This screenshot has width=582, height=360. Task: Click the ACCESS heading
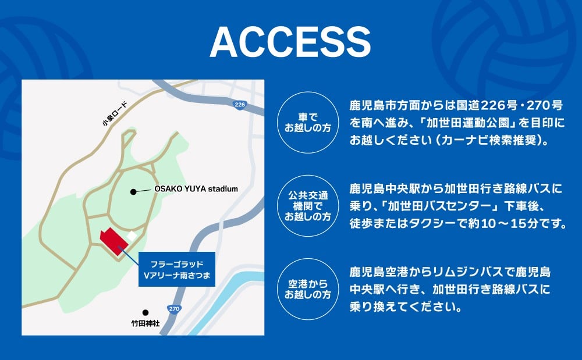coord(290,42)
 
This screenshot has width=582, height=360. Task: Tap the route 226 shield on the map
coord(240,105)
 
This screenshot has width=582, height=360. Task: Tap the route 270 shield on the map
coord(174,308)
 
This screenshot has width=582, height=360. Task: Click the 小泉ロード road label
coord(115,113)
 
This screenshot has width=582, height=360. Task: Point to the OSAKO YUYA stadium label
coord(196,188)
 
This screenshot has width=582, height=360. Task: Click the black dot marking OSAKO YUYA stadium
coord(133,192)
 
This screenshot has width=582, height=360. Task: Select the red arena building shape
coord(114,241)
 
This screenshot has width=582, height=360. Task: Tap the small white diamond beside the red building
coord(132,236)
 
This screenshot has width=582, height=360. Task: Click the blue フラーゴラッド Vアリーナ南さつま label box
coord(177,269)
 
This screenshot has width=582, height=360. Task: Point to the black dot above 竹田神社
coord(145,312)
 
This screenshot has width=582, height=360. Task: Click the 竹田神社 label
coord(145,323)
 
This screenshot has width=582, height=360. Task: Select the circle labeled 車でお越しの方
coord(308,123)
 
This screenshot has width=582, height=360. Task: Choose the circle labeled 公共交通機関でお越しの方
coord(308,206)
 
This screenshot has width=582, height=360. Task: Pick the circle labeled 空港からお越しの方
coord(308,289)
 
